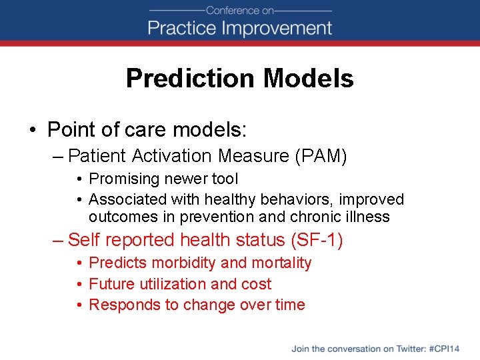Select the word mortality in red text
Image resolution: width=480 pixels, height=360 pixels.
281,263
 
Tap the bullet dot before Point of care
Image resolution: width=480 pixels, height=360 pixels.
33,128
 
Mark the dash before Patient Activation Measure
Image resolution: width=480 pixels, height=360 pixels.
57,157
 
